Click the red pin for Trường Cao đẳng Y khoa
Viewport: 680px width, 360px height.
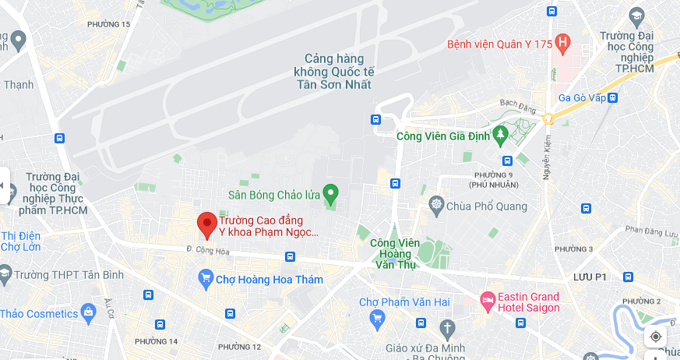tap(206, 224)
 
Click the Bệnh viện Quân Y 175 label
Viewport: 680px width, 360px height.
tap(498, 44)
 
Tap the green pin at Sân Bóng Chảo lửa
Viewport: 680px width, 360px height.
tap(330, 192)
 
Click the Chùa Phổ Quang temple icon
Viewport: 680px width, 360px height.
tap(436, 206)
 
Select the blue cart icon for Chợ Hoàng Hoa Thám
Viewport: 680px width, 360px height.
tap(206, 278)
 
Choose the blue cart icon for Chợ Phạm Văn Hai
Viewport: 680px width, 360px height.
tap(377, 317)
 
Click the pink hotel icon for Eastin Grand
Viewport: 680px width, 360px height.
tap(488, 300)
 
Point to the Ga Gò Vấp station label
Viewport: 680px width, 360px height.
tap(581, 97)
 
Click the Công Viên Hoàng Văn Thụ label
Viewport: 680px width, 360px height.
tap(395, 253)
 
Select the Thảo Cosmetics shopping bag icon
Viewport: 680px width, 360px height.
tap(88, 313)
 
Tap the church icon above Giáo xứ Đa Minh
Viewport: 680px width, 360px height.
tap(446, 326)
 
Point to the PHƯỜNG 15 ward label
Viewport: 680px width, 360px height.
tap(108, 24)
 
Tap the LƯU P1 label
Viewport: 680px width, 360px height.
tap(590, 277)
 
